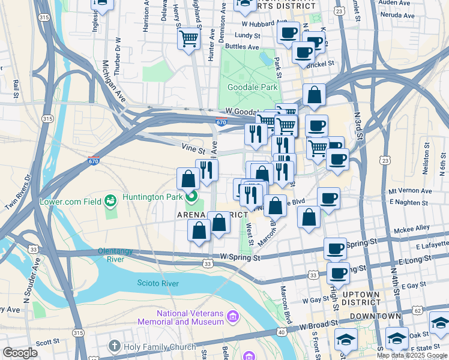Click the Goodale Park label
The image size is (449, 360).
tap(252, 87)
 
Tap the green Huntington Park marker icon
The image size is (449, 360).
tap(191, 196)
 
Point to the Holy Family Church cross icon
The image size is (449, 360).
tap(115, 346)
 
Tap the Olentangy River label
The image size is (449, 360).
tap(119, 255)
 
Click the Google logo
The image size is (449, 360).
tap(20, 353)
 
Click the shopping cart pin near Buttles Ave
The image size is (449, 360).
tap(189, 39)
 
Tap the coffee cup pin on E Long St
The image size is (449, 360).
tap(339, 274)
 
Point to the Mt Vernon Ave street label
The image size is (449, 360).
tap(410, 191)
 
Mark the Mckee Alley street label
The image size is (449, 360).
tap(411, 229)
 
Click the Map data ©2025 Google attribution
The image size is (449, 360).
tap(412, 355)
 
